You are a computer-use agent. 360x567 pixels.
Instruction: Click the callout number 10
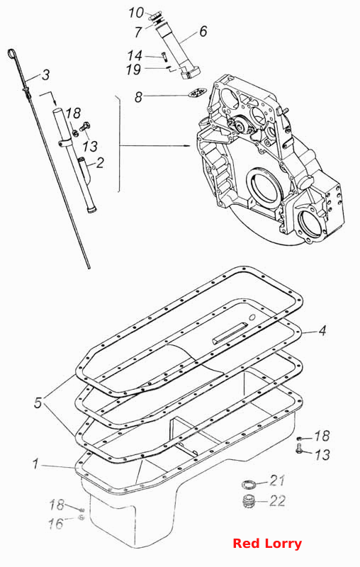136,13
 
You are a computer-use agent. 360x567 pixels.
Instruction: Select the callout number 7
137,32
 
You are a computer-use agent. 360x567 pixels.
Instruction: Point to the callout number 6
203,31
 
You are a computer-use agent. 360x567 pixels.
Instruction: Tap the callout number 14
135,56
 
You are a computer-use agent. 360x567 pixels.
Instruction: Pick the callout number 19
133,69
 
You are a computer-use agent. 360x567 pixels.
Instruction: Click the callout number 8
138,97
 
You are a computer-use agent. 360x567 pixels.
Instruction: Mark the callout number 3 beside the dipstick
45,75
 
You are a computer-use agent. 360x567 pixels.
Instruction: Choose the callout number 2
100,163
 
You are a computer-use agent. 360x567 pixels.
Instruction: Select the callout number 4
322,330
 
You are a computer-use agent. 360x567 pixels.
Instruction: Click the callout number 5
38,403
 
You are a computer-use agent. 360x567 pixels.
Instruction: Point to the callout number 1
35,464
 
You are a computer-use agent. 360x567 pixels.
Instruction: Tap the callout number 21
277,481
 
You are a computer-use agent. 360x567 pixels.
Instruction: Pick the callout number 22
278,501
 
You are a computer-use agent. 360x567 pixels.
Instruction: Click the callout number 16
56,524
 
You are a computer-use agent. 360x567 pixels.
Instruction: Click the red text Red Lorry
267,544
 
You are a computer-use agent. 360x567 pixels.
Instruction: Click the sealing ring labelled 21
249,483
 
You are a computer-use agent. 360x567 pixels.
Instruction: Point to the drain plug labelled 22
248,501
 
